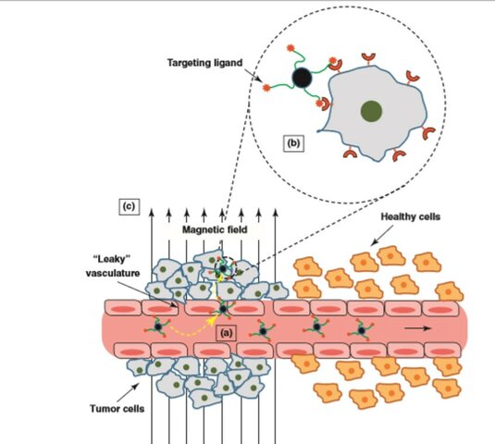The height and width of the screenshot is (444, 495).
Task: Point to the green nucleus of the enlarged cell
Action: tap(370, 113)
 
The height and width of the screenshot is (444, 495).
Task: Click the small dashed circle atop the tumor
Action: tap(223, 268)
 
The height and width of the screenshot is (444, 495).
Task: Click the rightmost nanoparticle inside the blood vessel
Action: tap(363, 327)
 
